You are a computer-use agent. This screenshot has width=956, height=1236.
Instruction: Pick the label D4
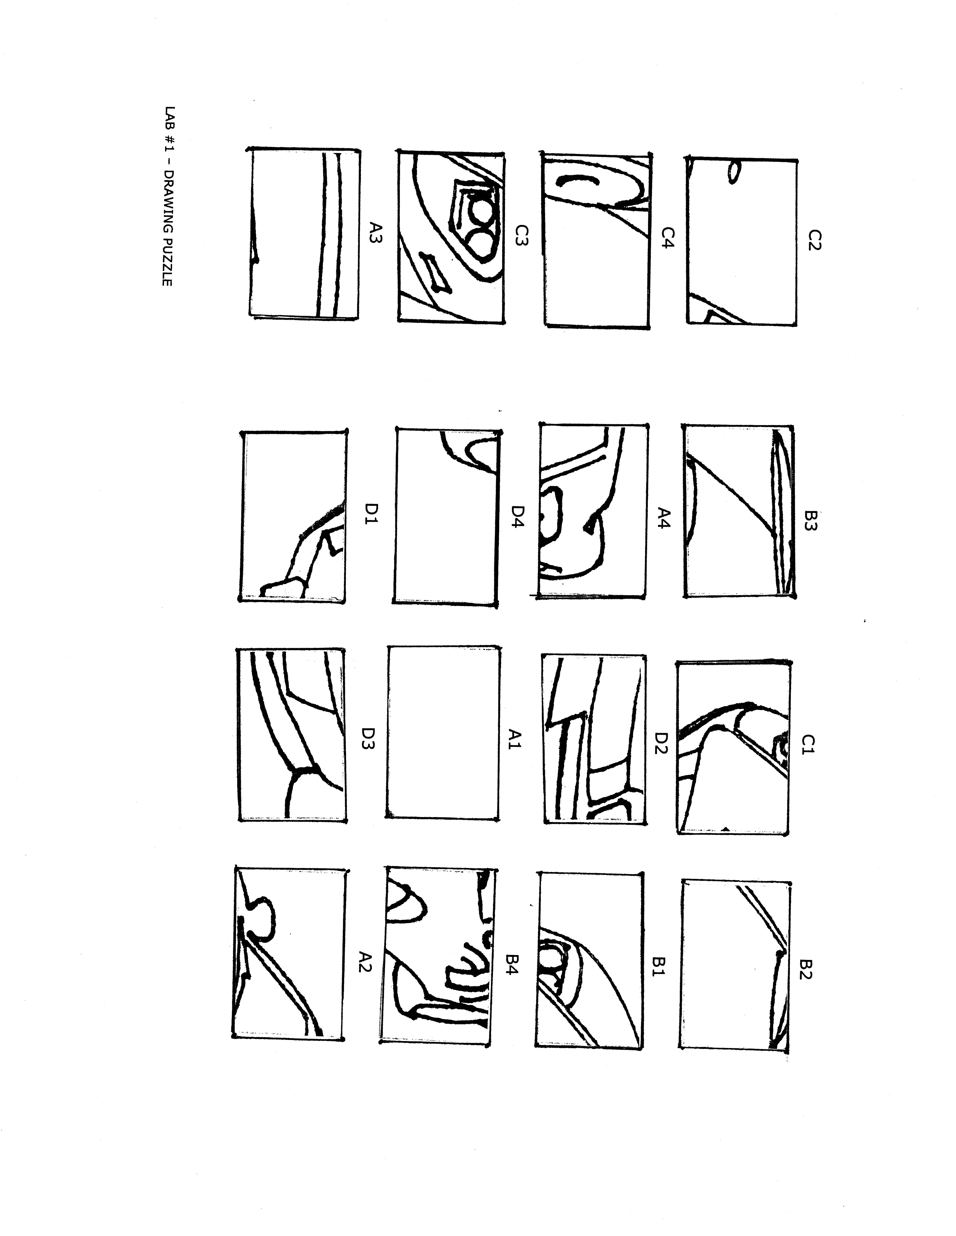click(x=518, y=516)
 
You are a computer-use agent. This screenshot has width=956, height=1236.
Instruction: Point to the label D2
click(x=662, y=743)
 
